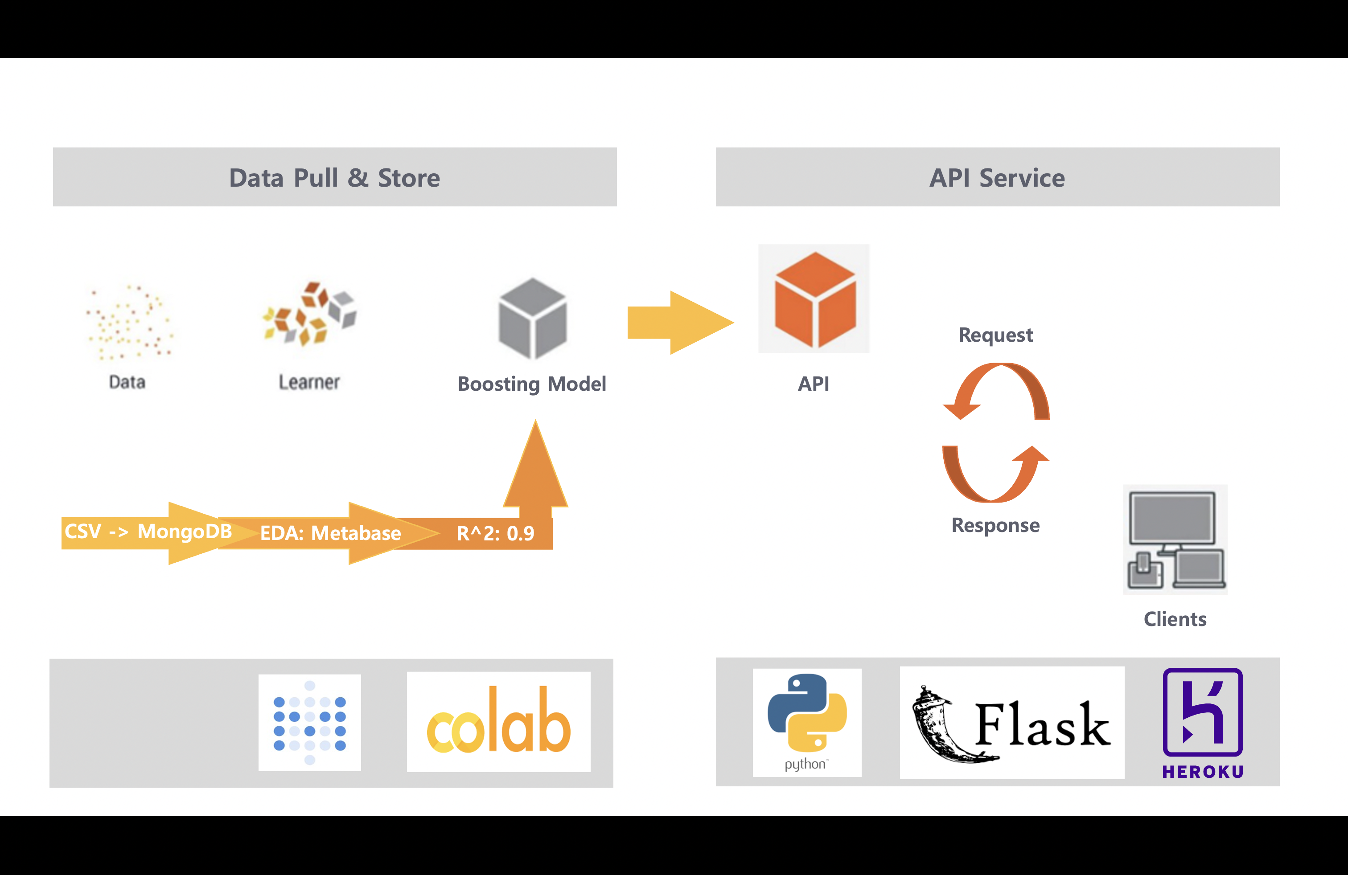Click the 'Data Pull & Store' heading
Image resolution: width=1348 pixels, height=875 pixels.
(334, 178)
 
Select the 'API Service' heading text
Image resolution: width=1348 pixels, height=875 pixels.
(997, 178)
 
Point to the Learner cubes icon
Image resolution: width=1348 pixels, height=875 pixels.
(310, 313)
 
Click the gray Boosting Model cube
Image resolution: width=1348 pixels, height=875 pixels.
(532, 318)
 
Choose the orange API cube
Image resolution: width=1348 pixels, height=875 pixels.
(814, 299)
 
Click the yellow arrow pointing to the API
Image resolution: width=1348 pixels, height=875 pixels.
(680, 323)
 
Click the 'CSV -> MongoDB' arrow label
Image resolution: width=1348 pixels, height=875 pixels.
(148, 532)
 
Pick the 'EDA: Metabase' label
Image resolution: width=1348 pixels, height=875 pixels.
(330, 533)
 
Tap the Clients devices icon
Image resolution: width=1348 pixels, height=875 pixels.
(1175, 540)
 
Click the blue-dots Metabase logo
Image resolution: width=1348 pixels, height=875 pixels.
(309, 723)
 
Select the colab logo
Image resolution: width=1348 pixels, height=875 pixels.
(498, 722)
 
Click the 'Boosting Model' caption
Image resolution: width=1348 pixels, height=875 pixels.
(532, 384)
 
